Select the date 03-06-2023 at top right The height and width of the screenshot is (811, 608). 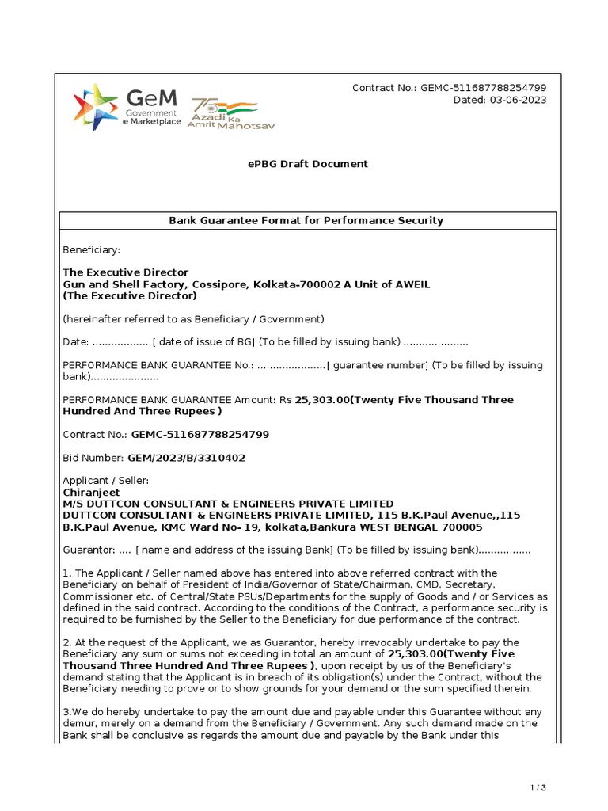pos(519,100)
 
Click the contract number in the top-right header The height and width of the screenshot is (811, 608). pos(483,88)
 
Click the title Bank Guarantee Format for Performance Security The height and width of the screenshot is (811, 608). pos(306,220)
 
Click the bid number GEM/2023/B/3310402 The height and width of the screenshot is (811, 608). pos(186,458)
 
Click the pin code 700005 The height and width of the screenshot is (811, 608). pos(460,527)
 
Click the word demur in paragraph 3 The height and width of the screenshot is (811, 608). pos(79,723)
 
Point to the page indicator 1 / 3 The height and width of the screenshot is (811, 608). pos(538,787)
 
